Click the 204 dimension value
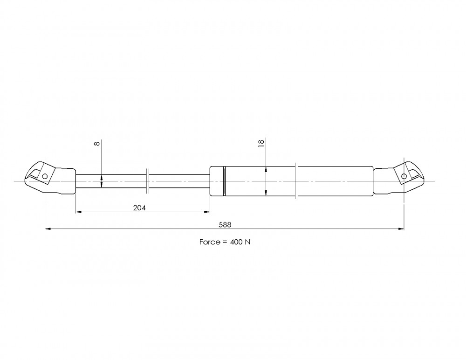(x=139, y=208)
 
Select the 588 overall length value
(x=225, y=225)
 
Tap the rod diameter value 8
(x=97, y=144)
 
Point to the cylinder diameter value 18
(x=261, y=143)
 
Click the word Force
(x=210, y=242)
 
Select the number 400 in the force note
(x=236, y=242)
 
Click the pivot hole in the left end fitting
(x=45, y=176)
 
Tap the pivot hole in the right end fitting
(x=404, y=176)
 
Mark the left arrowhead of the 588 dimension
(x=48, y=229)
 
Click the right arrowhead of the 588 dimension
(x=401, y=229)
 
